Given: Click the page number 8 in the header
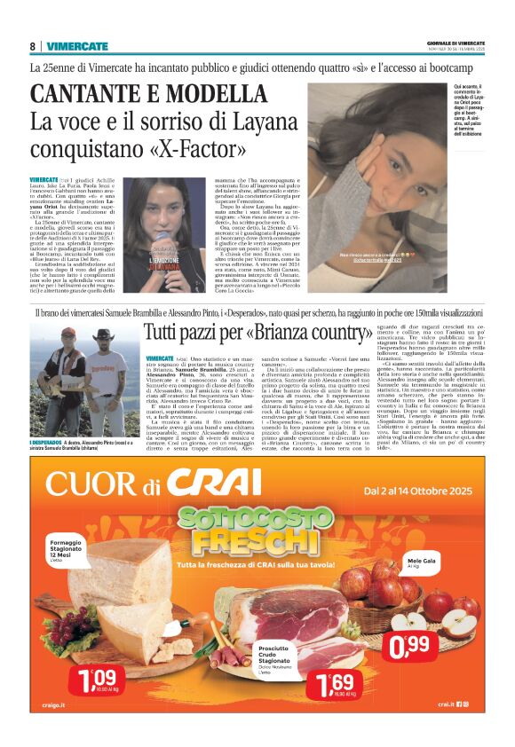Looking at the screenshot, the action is click(33, 46).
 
